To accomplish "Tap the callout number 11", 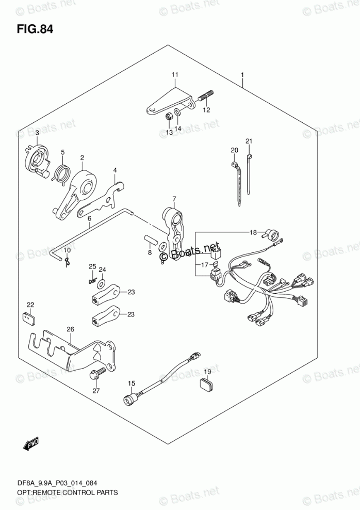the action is coord(174,75).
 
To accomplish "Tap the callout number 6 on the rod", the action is coord(89,218).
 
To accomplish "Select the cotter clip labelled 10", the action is coord(67,262).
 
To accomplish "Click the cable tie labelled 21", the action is coord(250,176).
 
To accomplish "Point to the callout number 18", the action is coord(253,233).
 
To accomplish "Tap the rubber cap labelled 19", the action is coord(207,385).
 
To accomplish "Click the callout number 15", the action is coord(131,383).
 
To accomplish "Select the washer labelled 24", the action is coord(100,283).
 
